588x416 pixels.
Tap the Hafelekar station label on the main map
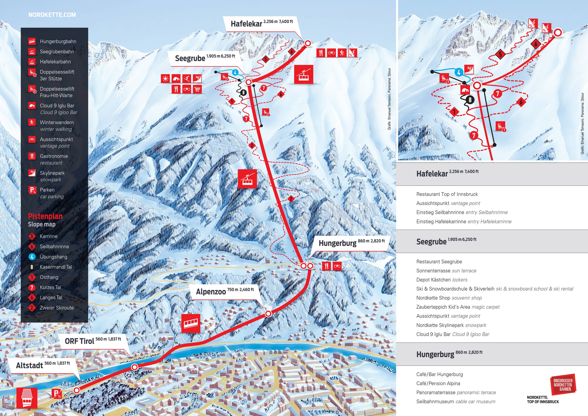click(x=246, y=24)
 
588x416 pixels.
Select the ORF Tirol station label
click(x=79, y=341)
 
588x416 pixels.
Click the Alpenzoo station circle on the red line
click(x=268, y=313)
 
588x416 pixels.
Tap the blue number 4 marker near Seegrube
click(x=235, y=73)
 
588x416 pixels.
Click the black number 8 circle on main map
click(x=243, y=93)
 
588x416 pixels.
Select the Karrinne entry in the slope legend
click(x=48, y=236)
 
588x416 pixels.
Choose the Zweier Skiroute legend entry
click(x=57, y=308)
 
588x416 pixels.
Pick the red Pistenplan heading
click(x=45, y=216)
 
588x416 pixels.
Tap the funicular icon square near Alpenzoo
click(x=191, y=323)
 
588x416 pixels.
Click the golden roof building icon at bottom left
click(x=27, y=398)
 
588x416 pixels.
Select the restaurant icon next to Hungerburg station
click(x=326, y=266)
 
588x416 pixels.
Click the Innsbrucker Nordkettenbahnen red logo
click(x=563, y=385)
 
